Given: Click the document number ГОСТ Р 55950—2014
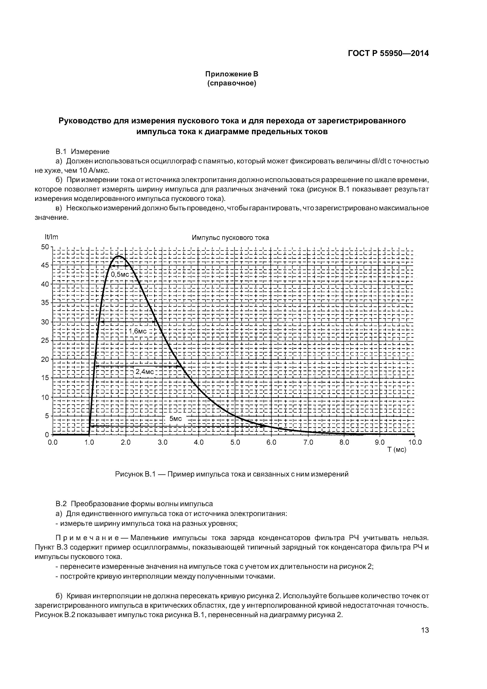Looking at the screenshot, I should pyautogui.click(x=388, y=53).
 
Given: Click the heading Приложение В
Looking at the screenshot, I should pyautogui.click(x=231, y=74).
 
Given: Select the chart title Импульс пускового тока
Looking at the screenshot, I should pyautogui.click(x=230, y=238).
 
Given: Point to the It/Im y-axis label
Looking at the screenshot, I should pyautogui.click(x=51, y=237).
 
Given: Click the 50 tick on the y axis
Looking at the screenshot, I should pyautogui.click(x=45, y=247).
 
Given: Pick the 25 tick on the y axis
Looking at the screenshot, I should pyautogui.click(x=45, y=340).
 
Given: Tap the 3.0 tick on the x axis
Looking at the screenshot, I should pyautogui.click(x=162, y=442).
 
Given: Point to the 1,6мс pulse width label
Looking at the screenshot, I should pyautogui.click(x=138, y=331).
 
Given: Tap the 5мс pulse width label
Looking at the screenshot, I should pyautogui.click(x=176, y=419).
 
